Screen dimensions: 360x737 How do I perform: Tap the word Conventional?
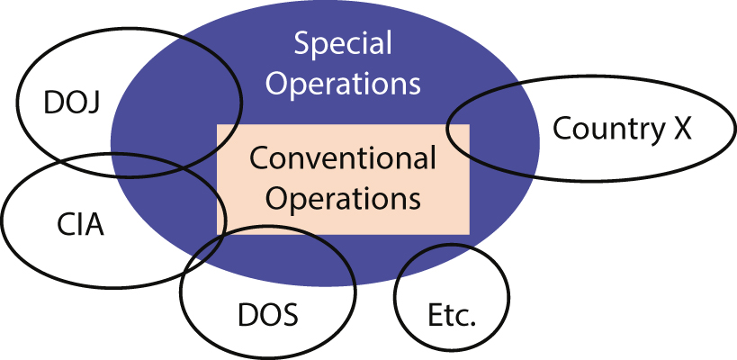pos(343,160)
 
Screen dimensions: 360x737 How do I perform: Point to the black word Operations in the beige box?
pos(343,197)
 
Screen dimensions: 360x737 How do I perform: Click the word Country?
pos(606,130)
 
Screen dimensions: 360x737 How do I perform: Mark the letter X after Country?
pos(681,130)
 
